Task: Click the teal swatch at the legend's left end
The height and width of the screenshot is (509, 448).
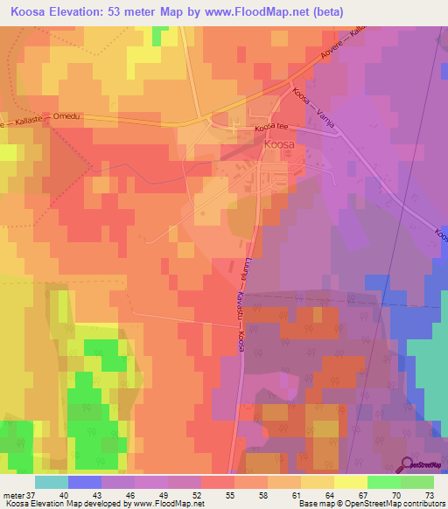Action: click(52, 482)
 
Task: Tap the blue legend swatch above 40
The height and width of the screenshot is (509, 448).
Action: click(85, 482)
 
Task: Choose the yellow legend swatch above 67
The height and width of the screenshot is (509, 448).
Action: click(351, 482)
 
